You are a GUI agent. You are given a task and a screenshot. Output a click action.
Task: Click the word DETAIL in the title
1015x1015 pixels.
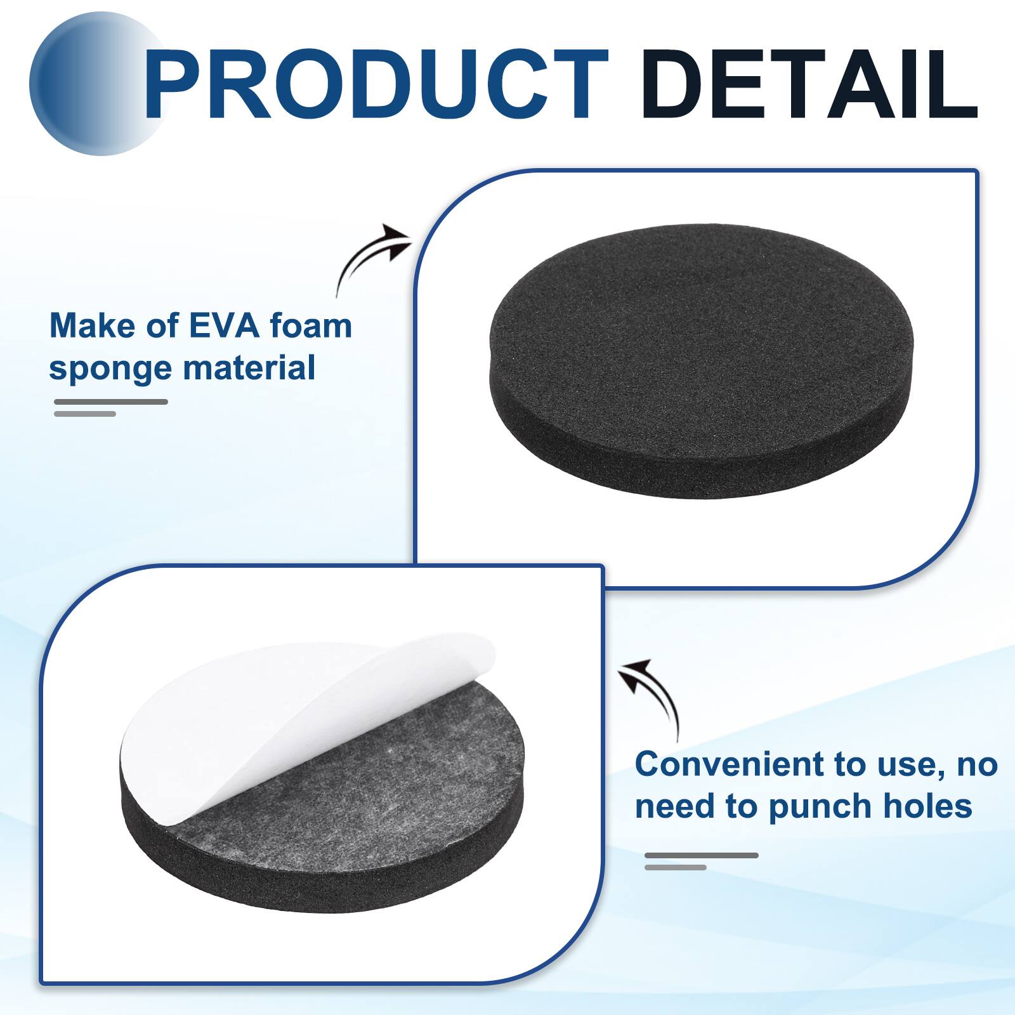pyautogui.click(x=809, y=85)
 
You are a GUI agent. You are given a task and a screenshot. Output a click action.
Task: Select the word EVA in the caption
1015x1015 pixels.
pyautogui.click(x=225, y=326)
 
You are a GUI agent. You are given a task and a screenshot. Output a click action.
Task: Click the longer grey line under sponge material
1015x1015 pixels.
pyautogui.click(x=111, y=402)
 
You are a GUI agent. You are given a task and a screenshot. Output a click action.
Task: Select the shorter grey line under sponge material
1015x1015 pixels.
pyautogui.click(x=85, y=414)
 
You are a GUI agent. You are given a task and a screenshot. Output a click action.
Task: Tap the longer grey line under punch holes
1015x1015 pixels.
pyautogui.click(x=702, y=855)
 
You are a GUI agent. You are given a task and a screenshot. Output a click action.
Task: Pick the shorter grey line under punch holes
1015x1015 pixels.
pyautogui.click(x=676, y=867)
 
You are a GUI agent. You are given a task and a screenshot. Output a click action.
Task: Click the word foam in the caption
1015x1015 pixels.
pyautogui.click(x=311, y=326)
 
